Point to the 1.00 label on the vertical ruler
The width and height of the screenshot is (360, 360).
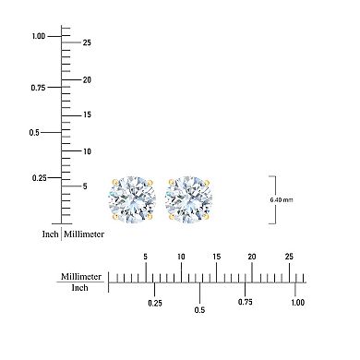(x=39, y=36)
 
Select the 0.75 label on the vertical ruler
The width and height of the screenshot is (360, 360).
(x=39, y=88)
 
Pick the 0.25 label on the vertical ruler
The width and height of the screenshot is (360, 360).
(x=40, y=177)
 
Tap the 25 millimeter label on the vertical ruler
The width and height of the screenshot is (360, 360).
(x=86, y=42)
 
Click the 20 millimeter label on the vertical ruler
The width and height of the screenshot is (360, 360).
(x=86, y=79)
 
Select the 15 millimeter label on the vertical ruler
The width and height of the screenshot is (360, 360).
(x=86, y=114)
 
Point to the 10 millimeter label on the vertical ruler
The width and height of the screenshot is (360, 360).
(x=86, y=150)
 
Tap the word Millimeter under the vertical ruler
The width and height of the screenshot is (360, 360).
(x=85, y=234)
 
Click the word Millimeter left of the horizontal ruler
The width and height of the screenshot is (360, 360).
(x=80, y=276)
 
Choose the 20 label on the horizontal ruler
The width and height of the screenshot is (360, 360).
(x=251, y=258)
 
